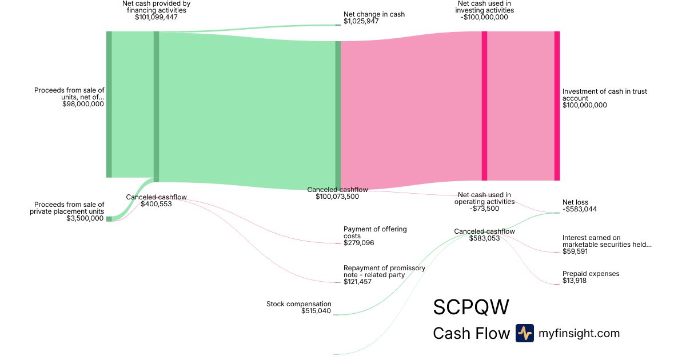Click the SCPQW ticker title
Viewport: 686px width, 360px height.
tap(470, 307)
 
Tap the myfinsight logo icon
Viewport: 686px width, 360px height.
tap(524, 333)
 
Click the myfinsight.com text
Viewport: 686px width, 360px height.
tap(579, 333)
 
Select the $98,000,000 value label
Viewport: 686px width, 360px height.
tap(83, 104)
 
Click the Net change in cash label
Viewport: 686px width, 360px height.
tap(374, 14)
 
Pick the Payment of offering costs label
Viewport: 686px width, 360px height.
tap(375, 233)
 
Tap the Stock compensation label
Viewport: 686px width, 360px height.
tap(298, 304)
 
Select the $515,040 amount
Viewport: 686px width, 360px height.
tap(316, 311)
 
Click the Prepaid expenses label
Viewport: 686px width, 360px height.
tap(591, 274)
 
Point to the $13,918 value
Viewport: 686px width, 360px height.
tap(574, 281)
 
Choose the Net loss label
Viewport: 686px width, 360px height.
tap(575, 202)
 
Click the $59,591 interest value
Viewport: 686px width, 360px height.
tap(576, 251)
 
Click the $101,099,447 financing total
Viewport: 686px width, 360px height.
tap(156, 17)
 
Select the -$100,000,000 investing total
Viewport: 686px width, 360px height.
tap(484, 17)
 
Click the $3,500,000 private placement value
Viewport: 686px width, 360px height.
tap(85, 218)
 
